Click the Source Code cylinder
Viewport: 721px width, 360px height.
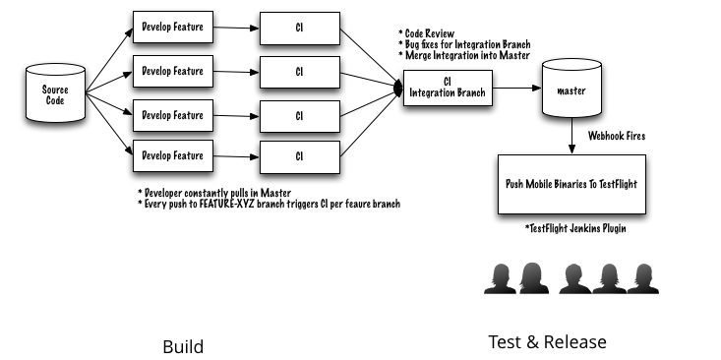click(56, 93)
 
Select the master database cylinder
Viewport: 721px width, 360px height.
click(572, 88)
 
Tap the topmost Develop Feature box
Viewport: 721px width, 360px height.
click(173, 28)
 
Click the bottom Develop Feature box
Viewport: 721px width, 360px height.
click(173, 155)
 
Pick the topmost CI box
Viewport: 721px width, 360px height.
click(300, 29)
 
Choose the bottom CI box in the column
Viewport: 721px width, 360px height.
click(300, 157)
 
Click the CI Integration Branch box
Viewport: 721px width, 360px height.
click(448, 88)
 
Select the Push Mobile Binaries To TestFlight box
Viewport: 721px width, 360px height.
click(571, 184)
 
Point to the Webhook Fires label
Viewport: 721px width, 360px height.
click(617, 136)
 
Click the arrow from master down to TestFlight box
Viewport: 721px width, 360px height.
click(571, 136)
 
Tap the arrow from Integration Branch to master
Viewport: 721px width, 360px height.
click(517, 88)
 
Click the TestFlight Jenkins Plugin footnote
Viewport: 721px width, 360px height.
click(575, 228)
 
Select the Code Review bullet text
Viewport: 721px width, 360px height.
click(426, 33)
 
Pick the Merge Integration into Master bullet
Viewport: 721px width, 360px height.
click(464, 56)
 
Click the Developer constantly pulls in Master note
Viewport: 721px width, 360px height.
click(214, 192)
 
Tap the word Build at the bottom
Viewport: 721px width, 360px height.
click(183, 346)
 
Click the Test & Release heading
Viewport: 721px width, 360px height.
click(547, 342)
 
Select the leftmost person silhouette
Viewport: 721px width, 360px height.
click(501, 278)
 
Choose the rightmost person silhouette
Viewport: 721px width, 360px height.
click(643, 278)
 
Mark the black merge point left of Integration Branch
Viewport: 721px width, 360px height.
click(398, 88)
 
